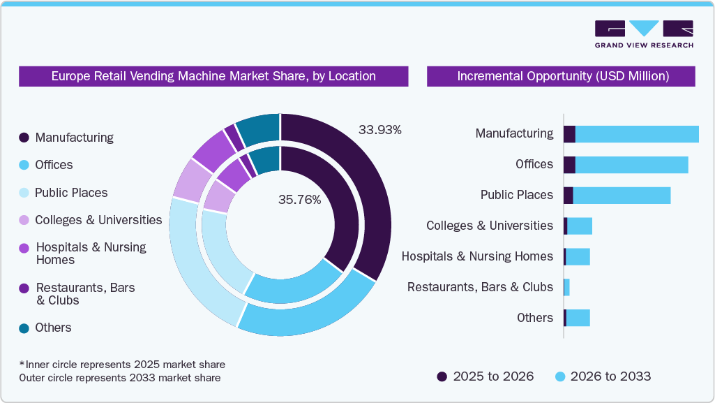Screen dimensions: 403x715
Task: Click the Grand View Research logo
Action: click(644, 34)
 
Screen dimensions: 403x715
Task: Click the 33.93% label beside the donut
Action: click(380, 130)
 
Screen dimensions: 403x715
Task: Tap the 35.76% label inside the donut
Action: click(299, 200)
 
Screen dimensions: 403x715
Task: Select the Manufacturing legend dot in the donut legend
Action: click(24, 138)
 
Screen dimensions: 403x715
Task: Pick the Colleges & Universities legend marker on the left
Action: click(24, 220)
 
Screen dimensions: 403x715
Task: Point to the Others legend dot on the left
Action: click(24, 328)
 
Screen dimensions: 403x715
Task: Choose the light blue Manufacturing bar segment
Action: click(636, 134)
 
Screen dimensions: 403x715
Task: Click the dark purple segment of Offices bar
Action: click(569, 165)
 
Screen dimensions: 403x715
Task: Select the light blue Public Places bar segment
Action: click(621, 196)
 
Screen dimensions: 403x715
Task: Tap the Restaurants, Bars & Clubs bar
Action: click(566, 287)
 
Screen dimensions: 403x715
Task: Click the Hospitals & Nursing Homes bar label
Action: click(477, 256)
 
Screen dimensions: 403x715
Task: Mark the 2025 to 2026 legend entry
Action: click(486, 376)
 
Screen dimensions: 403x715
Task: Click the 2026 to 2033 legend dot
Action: click(559, 376)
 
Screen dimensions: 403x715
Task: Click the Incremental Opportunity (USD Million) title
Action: click(562, 76)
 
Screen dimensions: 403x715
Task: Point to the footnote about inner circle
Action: click(122, 365)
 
